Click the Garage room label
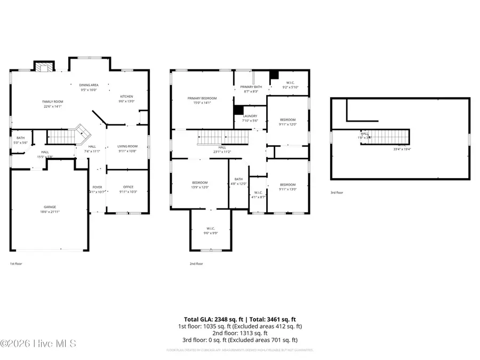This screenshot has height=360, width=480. point(50,207)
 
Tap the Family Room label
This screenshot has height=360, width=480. point(53,101)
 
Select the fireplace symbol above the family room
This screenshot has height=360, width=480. point(45,67)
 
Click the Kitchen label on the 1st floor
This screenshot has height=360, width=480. point(126,96)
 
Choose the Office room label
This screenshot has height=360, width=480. point(127,187)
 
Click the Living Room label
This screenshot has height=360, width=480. point(127,146)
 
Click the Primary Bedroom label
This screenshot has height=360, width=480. point(202,98)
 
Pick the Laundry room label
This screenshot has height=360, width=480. point(250,116)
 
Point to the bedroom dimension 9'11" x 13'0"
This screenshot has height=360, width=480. point(287,189)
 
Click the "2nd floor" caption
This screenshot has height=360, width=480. point(196,263)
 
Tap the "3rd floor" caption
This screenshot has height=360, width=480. point(337,192)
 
